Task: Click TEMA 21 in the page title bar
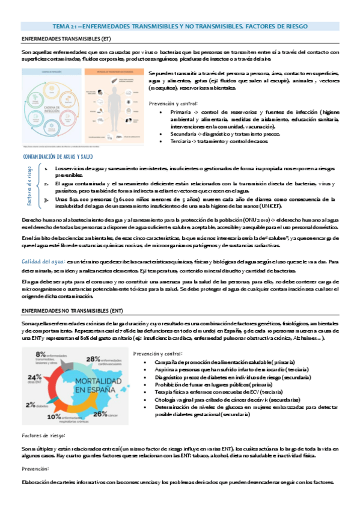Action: [x=63, y=27]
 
